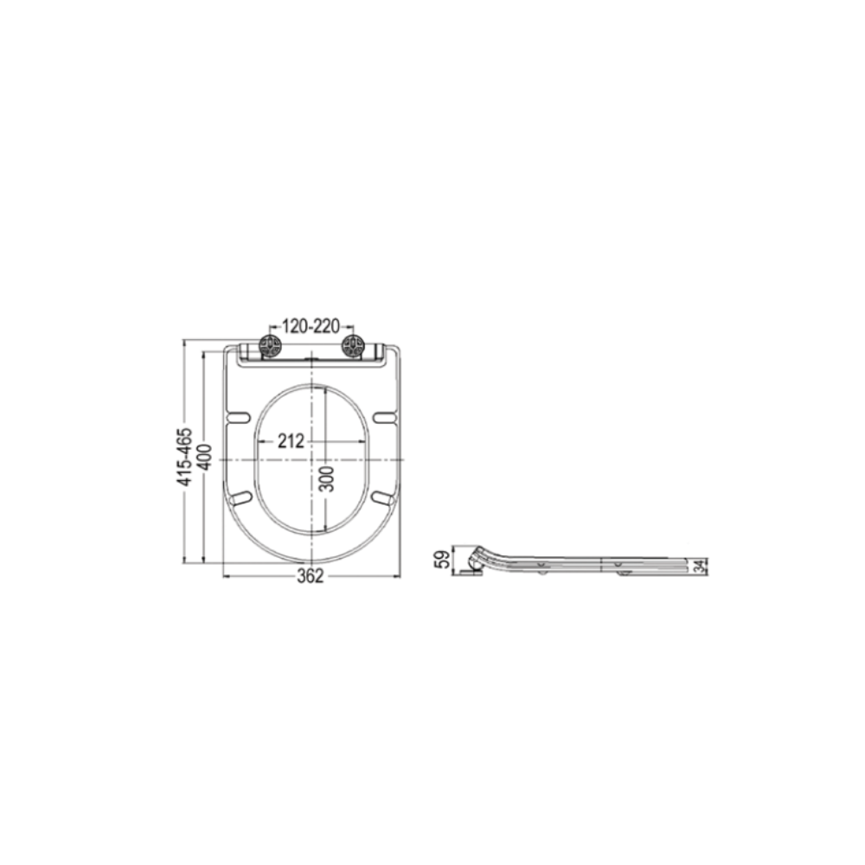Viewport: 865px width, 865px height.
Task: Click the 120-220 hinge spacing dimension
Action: tap(311, 327)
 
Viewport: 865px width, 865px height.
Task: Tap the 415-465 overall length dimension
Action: tap(185, 456)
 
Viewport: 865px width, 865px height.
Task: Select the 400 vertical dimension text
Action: tap(205, 457)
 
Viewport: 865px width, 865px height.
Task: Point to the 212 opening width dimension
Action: tap(291, 441)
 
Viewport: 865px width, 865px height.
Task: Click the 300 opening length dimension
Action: tap(327, 478)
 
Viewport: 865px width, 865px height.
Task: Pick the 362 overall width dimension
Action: tap(310, 576)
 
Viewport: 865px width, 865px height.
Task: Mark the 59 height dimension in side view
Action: tap(443, 561)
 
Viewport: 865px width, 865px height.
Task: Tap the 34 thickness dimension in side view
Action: tap(700, 566)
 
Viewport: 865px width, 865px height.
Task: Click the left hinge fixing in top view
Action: tap(271, 347)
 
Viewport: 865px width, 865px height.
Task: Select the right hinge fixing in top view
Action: tap(352, 347)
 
